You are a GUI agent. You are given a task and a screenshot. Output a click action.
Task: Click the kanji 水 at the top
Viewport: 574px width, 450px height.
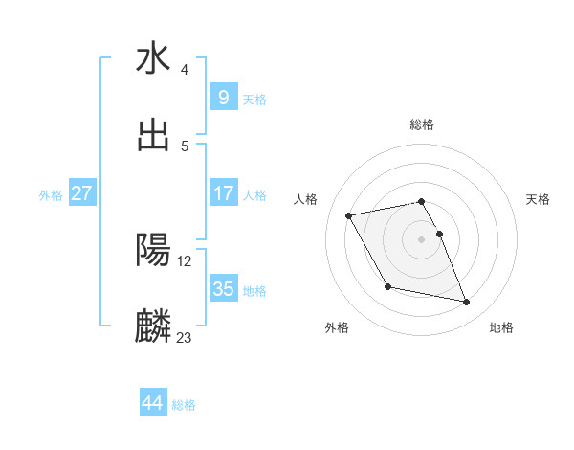[x=153, y=59]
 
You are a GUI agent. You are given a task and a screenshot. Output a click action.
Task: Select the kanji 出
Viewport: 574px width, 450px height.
[x=153, y=136]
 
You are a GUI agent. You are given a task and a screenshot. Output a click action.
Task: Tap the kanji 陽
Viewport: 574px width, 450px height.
[x=153, y=250]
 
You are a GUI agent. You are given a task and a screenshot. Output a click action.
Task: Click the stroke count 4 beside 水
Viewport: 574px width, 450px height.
[x=185, y=70]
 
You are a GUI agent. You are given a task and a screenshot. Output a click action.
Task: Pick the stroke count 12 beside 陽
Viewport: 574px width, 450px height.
[x=185, y=260]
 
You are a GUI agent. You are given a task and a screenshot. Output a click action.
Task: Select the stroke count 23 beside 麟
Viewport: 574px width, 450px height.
[x=185, y=337]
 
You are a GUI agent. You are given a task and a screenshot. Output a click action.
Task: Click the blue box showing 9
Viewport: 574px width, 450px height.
[x=223, y=98]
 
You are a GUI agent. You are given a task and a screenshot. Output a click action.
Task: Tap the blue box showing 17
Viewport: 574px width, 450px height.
[x=223, y=193]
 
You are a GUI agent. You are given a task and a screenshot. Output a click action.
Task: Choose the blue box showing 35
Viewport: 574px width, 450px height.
[x=223, y=289]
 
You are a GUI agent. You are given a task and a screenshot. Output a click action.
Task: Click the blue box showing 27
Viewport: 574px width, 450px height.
[x=82, y=193]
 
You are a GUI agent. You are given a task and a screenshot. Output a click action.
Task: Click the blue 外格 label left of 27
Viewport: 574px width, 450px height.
[x=52, y=194]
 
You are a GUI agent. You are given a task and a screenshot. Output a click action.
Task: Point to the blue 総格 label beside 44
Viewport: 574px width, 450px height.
[x=184, y=405]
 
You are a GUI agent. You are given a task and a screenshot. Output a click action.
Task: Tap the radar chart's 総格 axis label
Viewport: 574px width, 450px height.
[x=422, y=124]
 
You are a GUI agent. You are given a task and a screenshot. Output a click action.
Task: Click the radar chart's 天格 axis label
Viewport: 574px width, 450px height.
[x=539, y=199]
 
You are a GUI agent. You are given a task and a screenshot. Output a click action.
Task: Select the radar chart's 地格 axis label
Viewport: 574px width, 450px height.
[x=501, y=327]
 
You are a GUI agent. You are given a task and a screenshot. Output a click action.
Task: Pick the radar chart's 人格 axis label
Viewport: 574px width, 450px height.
[x=306, y=199]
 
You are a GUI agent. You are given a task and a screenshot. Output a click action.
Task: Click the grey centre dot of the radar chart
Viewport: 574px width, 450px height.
[x=422, y=238]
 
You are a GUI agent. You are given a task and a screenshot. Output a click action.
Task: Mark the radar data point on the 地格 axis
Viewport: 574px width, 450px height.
[x=467, y=303]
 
